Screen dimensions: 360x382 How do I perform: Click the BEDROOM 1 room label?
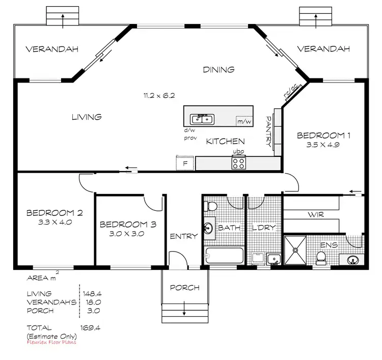[324, 135]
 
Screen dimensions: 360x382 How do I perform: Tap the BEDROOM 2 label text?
[54, 213]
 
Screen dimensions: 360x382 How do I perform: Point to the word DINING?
[219, 70]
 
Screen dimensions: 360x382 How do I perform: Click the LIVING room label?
[86, 117]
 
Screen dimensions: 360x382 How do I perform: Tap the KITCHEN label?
[225, 142]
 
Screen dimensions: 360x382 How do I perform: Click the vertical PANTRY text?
[269, 131]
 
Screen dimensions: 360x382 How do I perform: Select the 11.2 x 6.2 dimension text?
[159, 95]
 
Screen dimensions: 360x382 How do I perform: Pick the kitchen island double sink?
[202, 119]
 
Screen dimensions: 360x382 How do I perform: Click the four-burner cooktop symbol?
[239, 163]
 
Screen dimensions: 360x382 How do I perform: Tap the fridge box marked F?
[185, 163]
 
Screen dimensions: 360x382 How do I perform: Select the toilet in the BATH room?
[209, 205]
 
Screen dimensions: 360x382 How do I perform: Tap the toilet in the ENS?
[321, 260]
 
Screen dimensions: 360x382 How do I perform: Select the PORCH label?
[185, 288]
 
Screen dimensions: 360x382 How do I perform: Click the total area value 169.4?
[90, 327]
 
